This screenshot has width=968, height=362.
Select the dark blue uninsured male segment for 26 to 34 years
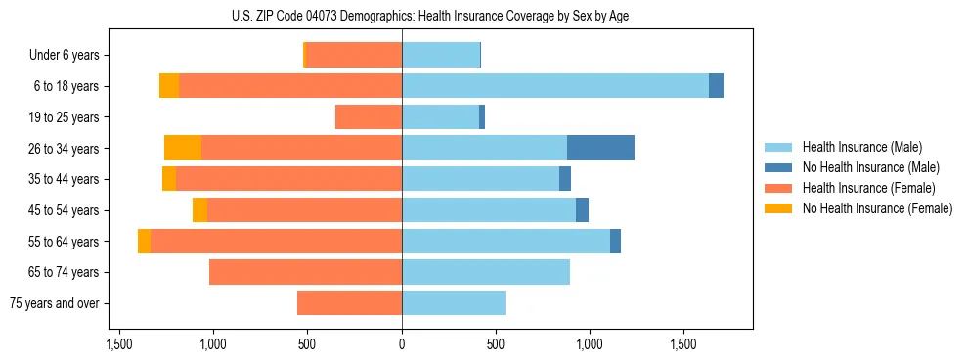tap(600, 148)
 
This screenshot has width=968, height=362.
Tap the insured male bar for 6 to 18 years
tap(555, 86)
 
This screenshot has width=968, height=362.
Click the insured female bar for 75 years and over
tap(349, 303)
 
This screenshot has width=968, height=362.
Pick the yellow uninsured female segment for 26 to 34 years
tap(183, 148)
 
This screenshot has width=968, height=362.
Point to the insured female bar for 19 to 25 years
tap(369, 117)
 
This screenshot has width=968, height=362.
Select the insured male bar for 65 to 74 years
tap(486, 272)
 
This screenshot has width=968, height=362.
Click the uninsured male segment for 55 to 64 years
tap(615, 241)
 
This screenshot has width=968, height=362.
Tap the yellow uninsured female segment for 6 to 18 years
tap(169, 86)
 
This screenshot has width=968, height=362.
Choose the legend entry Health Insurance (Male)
tap(861, 147)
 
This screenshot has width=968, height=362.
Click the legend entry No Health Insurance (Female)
tap(877, 208)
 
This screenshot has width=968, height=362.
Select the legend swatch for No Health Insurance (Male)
tap(778, 167)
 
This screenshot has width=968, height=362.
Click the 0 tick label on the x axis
tap(402, 345)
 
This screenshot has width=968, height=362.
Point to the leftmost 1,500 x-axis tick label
tap(119, 345)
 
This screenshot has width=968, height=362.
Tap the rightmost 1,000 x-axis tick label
tap(590, 345)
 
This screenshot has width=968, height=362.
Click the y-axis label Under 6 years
tap(64, 56)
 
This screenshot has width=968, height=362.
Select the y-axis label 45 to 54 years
tap(64, 210)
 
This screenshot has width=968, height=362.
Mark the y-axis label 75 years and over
tap(54, 303)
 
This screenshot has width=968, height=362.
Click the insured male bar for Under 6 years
tap(441, 56)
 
